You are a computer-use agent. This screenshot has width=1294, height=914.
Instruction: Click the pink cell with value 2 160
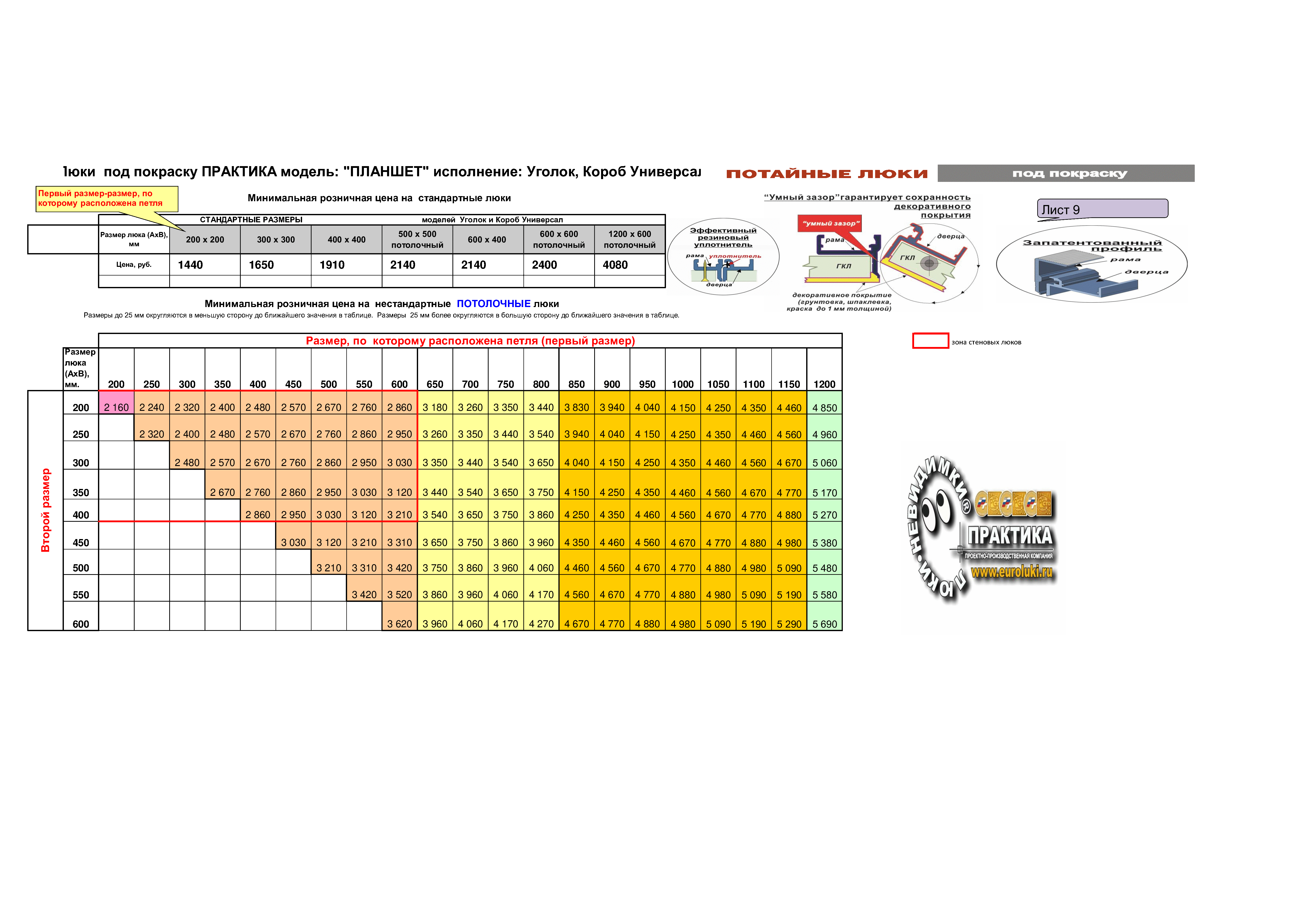pos(116,407)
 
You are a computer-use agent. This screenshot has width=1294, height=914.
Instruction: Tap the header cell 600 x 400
pos(488,239)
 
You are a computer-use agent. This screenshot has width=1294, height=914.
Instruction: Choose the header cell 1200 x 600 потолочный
pos(630,239)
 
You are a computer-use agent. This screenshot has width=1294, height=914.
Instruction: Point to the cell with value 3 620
pos(400,624)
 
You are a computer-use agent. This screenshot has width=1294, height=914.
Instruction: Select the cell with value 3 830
pos(577,408)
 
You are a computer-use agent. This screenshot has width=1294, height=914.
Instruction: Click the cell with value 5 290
pos(789,624)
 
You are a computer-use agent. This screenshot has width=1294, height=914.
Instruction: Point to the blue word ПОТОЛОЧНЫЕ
pos(494,304)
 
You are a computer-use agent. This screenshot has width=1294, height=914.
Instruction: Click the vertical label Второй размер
pos(46,510)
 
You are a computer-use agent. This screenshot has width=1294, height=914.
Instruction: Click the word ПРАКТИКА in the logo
pos(1010,536)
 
